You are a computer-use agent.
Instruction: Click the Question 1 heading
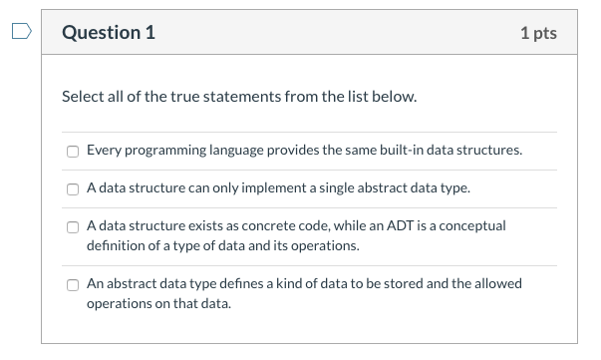coord(109,32)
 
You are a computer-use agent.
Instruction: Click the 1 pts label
coord(538,33)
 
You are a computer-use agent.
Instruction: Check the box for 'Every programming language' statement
coord(73,152)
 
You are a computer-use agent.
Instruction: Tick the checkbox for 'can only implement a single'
coord(73,188)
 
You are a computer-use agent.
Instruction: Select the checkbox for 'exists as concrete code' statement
coord(73,226)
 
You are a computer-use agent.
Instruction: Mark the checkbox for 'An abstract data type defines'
coord(73,285)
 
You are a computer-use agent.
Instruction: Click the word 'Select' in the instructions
coord(82,98)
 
